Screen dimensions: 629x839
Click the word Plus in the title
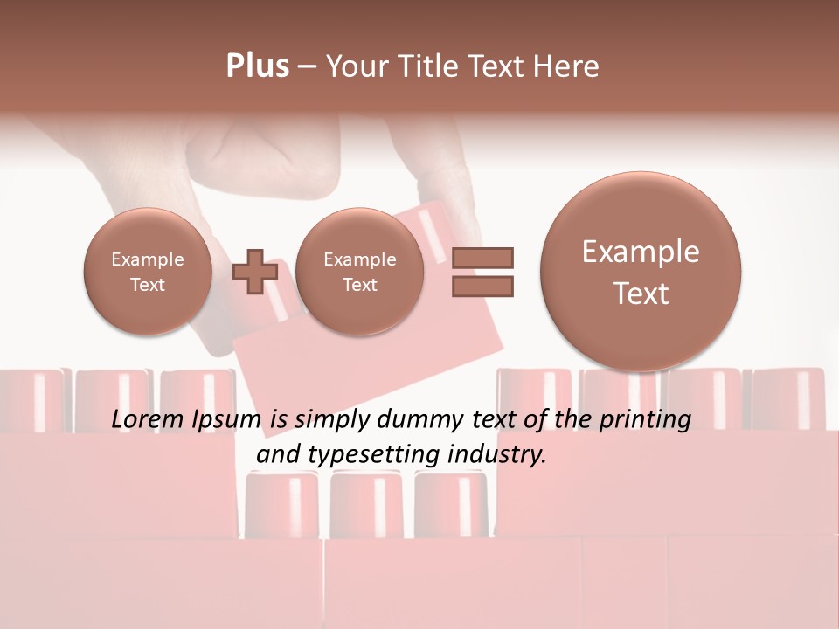pyautogui.click(x=257, y=66)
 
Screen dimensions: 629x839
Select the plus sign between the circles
pyautogui.click(x=255, y=272)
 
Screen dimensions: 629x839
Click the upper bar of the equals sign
pyautogui.click(x=482, y=257)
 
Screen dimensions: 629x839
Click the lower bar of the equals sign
pyautogui.click(x=482, y=286)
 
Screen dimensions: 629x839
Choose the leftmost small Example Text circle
pyautogui.click(x=148, y=272)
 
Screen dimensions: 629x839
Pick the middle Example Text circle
pyautogui.click(x=359, y=272)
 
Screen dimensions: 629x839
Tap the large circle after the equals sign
pyautogui.click(x=641, y=272)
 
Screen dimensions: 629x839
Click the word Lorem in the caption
pyautogui.click(x=149, y=420)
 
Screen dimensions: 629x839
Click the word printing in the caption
pyautogui.click(x=644, y=420)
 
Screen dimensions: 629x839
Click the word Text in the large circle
pyautogui.click(x=641, y=294)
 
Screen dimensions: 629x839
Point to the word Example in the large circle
pyautogui.click(x=641, y=252)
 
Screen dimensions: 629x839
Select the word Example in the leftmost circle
pyautogui.click(x=148, y=259)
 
